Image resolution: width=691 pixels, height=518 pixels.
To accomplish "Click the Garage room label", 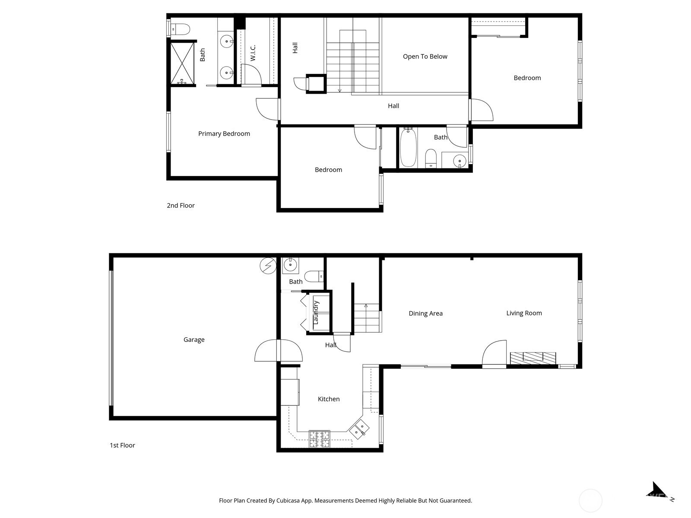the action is [194, 340].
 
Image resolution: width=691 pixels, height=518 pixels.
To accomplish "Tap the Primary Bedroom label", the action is [224, 134].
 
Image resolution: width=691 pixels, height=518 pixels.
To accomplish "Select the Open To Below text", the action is [425, 57].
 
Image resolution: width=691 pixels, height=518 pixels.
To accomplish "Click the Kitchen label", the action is [329, 399].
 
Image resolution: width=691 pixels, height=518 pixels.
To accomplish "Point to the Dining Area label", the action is [426, 313].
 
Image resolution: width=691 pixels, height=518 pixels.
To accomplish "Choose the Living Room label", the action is [524, 313].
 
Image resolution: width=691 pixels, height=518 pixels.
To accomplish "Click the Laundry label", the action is [316, 312].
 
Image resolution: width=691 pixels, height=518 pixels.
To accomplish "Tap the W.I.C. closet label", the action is [253, 53].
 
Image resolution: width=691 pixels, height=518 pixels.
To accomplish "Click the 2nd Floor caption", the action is [181, 205].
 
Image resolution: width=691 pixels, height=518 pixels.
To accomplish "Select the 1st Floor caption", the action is [122, 445].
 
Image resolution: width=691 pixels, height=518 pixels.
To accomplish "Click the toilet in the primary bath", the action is [180, 30].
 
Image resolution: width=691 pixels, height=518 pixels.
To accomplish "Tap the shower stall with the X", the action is [182, 63].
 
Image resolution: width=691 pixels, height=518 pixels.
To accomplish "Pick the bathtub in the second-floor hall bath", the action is [408, 148].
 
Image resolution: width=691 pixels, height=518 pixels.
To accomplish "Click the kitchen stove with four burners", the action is [320, 439].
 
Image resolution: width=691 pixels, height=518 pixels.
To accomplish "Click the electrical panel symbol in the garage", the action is [268, 266].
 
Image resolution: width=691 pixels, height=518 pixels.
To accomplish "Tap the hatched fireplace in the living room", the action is [533, 358].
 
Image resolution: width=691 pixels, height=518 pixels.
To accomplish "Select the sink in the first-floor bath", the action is [290, 265].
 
